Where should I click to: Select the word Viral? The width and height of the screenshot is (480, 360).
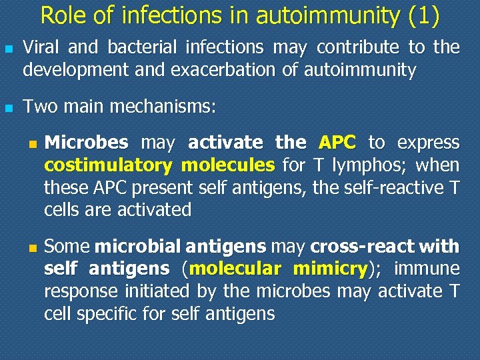coord(42,47)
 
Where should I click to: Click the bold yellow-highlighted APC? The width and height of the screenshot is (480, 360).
coord(337,143)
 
